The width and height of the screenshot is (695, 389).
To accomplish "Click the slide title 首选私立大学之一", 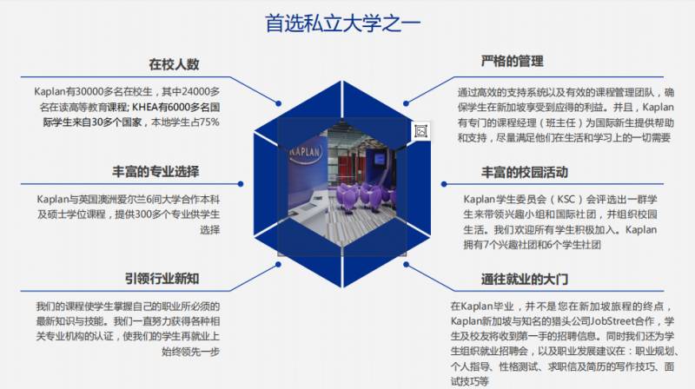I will click(x=343, y=23).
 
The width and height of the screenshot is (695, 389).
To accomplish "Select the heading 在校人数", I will click(x=174, y=64).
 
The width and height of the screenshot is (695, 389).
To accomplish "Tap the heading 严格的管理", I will click(x=512, y=62).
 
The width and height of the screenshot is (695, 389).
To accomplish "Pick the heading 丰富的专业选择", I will click(x=156, y=171).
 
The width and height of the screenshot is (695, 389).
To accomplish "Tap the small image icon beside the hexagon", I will click(x=421, y=130).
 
